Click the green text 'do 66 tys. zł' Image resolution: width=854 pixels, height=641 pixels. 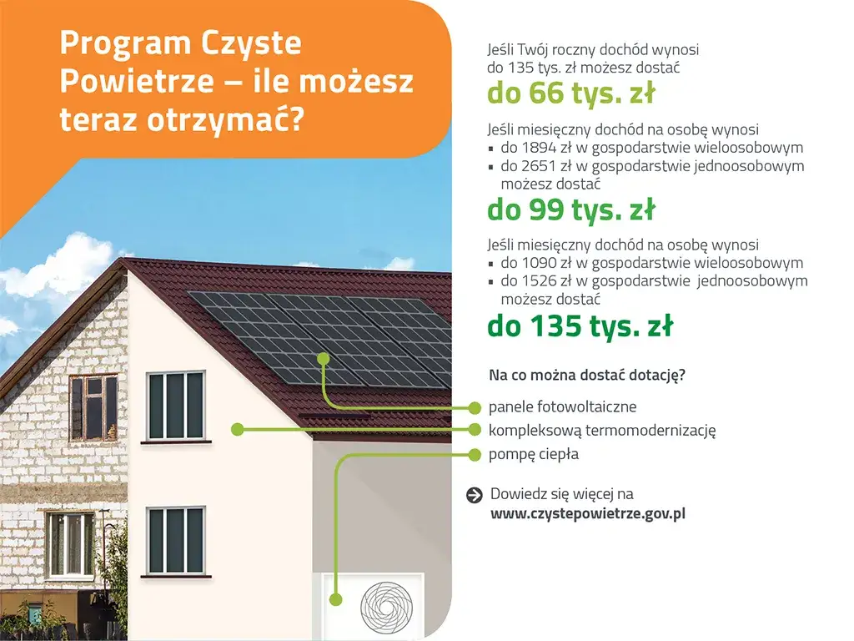click(570, 94)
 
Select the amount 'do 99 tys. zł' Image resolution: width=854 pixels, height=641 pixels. click(570, 210)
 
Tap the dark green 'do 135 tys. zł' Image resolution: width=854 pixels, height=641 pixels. click(580, 326)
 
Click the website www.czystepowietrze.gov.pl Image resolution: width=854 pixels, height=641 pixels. click(587, 514)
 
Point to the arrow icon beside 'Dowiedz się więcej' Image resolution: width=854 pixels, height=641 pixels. click(475, 495)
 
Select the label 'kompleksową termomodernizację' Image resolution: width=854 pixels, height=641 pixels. click(602, 431)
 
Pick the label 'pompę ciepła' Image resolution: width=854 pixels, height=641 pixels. click(533, 455)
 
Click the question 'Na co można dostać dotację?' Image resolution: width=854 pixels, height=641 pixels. click(587, 375)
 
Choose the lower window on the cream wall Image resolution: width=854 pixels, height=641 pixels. click(175, 540)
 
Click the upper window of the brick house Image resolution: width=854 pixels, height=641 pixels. click(93, 407)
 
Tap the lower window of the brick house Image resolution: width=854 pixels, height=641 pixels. click(70, 544)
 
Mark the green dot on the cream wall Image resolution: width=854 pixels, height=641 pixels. click(238, 430)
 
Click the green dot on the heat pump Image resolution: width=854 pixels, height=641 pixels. click(335, 599)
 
